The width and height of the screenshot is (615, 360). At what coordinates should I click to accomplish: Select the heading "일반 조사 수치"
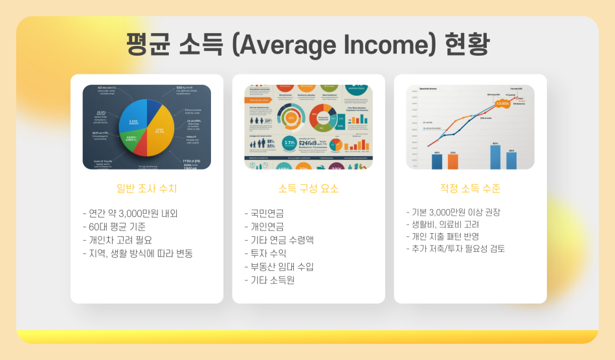click(x=146, y=189)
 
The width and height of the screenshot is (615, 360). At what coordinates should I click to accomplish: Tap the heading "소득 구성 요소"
click(x=308, y=189)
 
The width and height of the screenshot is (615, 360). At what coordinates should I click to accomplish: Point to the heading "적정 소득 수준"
click(x=470, y=189)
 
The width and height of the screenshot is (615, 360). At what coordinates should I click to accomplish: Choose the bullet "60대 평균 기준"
click(x=114, y=227)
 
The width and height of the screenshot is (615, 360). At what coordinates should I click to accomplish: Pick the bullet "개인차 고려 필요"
click(x=117, y=240)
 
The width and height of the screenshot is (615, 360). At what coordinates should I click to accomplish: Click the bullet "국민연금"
click(x=264, y=213)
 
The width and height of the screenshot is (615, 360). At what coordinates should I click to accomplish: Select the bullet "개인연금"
click(x=264, y=227)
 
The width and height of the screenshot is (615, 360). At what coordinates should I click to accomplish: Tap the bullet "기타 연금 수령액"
click(x=279, y=240)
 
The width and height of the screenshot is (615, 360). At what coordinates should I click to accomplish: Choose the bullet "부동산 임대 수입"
click(x=279, y=267)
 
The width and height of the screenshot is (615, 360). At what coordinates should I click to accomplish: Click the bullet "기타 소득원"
click(x=269, y=280)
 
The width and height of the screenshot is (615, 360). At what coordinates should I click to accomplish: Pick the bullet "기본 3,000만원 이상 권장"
click(x=453, y=212)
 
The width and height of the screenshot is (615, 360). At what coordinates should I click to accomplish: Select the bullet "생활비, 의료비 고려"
click(x=442, y=224)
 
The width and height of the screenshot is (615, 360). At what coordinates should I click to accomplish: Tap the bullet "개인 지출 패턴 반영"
click(x=442, y=236)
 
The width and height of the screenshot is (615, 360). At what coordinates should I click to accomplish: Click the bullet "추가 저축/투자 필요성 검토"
click(x=455, y=249)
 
